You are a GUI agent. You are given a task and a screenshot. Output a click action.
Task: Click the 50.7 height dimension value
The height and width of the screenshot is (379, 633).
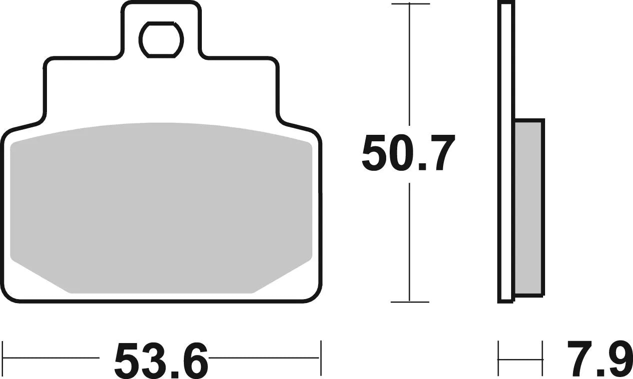click(x=409, y=153)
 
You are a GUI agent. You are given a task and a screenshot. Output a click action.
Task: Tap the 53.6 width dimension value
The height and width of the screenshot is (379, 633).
click(x=161, y=360)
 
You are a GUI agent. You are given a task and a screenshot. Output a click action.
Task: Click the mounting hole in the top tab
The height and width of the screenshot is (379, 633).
click(x=161, y=39)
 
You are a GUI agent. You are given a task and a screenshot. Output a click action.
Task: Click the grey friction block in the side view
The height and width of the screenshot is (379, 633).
click(x=529, y=207)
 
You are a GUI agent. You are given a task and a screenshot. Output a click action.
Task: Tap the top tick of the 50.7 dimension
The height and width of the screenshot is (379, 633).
click(x=410, y=4)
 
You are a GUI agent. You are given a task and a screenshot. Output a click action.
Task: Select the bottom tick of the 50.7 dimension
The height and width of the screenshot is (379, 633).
click(x=410, y=302)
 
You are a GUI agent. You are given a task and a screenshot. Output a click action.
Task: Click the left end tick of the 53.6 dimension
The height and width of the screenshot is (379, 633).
click(x=3, y=358)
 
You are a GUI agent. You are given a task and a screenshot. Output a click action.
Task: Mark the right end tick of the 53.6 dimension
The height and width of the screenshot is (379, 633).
click(x=320, y=358)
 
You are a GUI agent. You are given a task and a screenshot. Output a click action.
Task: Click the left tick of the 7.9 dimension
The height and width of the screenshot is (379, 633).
click(x=499, y=358)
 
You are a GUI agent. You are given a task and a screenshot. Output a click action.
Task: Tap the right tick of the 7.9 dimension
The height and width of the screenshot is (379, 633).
click(x=543, y=358)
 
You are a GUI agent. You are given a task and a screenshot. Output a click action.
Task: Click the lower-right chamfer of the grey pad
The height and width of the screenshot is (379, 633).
click(x=282, y=277)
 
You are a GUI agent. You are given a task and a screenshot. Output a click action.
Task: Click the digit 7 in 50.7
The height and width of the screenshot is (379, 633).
click(x=440, y=153)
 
